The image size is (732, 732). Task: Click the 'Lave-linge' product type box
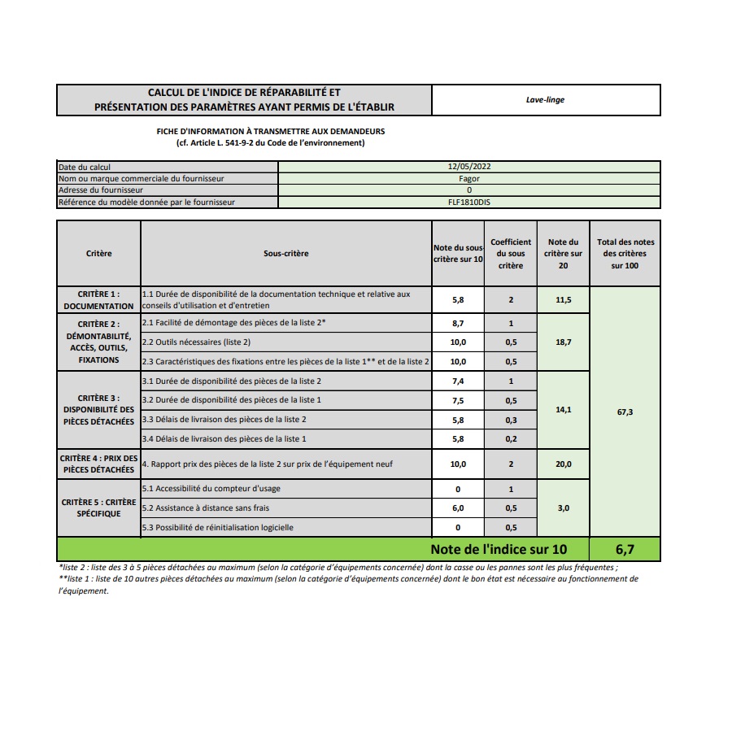pyautogui.click(x=545, y=100)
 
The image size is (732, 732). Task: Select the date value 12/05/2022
pyautogui.click(x=469, y=167)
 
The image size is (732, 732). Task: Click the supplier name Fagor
pyautogui.click(x=469, y=178)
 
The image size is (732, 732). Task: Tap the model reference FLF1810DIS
pyautogui.click(x=469, y=202)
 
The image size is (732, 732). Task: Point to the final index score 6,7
pyautogui.click(x=625, y=549)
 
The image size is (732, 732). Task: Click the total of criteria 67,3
pyautogui.click(x=625, y=412)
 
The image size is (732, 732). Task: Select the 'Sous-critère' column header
pyautogui.click(x=285, y=253)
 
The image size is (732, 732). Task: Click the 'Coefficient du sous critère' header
pyautogui.click(x=511, y=253)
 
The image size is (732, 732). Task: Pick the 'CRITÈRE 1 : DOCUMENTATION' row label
pyautogui.click(x=98, y=299)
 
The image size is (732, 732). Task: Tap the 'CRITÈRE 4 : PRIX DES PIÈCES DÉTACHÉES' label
pyautogui.click(x=98, y=464)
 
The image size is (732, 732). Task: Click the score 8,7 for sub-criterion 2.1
pyautogui.click(x=458, y=324)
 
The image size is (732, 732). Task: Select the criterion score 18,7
pyautogui.click(x=563, y=342)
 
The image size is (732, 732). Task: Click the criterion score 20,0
pyautogui.click(x=563, y=464)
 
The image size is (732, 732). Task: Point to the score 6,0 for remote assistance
pyautogui.click(x=458, y=508)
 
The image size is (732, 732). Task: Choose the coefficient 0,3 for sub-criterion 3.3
pyautogui.click(x=511, y=420)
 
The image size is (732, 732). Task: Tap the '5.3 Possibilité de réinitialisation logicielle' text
pyautogui.click(x=217, y=528)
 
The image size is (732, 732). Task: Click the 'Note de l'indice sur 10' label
pyautogui.click(x=498, y=549)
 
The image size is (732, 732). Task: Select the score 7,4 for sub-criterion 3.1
pyautogui.click(x=458, y=381)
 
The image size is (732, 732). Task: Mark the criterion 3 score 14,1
pyautogui.click(x=563, y=410)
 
